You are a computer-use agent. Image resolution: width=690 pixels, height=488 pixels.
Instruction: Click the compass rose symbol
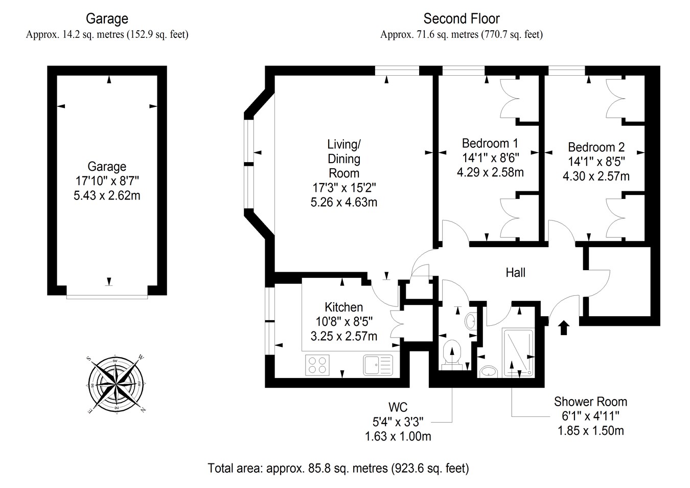coord(116,385)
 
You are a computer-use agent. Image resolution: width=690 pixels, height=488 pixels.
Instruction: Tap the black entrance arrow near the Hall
coord(564,327)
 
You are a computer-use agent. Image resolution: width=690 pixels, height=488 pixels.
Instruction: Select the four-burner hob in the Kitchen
coord(317,365)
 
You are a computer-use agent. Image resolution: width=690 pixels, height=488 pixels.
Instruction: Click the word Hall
coord(516,273)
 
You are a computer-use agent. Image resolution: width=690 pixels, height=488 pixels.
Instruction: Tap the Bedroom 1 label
coord(490,143)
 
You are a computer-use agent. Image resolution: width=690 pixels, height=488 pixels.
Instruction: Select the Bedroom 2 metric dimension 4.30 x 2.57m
coord(596,176)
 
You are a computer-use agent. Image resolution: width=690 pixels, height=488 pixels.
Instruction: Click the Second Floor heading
coord(462,19)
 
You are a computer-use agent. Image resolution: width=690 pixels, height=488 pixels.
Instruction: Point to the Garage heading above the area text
coord(107,19)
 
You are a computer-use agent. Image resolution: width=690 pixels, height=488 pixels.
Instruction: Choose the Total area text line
coord(338,468)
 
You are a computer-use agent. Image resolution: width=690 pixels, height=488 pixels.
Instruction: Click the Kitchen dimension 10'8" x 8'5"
coord(344,322)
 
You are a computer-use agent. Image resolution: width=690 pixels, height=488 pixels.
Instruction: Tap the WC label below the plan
coord(398,407)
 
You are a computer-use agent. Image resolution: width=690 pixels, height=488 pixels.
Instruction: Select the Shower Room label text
coord(590,402)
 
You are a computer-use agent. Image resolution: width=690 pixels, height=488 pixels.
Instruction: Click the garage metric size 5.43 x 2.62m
coord(107,195)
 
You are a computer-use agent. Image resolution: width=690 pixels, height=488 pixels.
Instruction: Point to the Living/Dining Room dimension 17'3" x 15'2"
coord(344,187)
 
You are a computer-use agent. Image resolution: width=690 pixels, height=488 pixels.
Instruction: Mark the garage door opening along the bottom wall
coord(107,297)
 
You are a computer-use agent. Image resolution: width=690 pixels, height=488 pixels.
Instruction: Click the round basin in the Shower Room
coord(489,372)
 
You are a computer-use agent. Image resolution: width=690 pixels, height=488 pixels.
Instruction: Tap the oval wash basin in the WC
coord(470,322)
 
